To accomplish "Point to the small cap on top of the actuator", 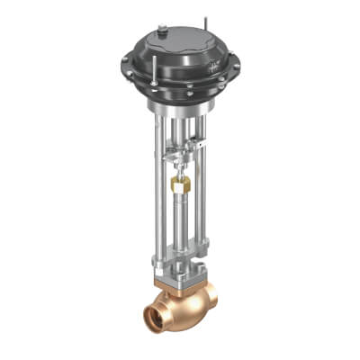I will [x=163, y=31].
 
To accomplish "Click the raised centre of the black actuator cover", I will [x=180, y=45].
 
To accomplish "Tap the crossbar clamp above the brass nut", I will [x=179, y=158].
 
